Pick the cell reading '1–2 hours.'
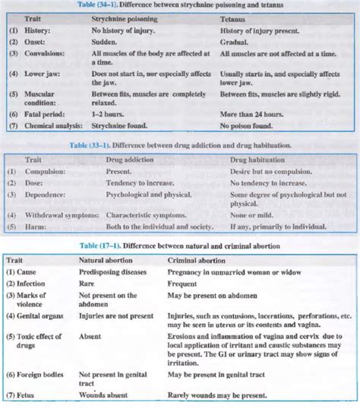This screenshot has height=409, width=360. pyautogui.click(x=109, y=109)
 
